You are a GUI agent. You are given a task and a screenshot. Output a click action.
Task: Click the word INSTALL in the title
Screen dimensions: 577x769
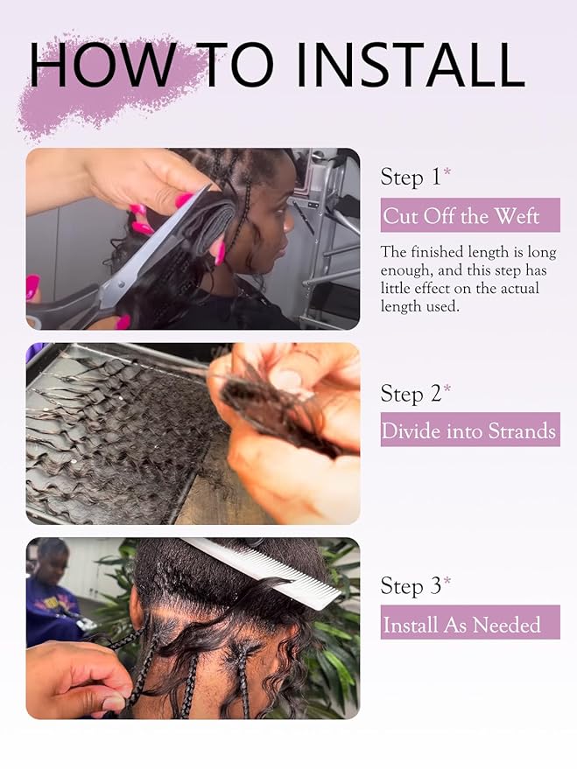click(x=411, y=65)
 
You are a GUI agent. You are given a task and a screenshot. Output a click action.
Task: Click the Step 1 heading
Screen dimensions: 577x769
click(x=411, y=177)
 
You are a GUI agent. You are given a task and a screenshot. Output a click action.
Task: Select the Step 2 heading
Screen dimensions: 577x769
click(x=411, y=394)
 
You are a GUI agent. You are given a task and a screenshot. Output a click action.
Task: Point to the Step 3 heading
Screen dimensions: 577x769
click(x=411, y=586)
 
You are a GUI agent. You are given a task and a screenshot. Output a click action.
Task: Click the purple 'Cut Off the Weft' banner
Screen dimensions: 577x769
click(x=470, y=215)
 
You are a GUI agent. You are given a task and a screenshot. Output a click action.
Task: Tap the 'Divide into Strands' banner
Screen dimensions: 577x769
click(x=470, y=430)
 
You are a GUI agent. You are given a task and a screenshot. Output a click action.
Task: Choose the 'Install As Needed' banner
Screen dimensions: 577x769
click(x=470, y=622)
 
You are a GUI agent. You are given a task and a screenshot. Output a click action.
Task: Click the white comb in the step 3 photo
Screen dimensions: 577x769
click(x=261, y=573)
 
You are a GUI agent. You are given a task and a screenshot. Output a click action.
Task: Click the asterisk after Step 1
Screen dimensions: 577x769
click(x=447, y=171)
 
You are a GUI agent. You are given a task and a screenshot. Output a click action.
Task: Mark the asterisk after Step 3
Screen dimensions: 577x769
click(x=447, y=580)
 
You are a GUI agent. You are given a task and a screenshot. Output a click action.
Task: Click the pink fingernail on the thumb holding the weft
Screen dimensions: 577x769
click(x=219, y=252)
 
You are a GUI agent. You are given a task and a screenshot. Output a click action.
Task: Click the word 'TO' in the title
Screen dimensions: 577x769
click(x=236, y=65)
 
